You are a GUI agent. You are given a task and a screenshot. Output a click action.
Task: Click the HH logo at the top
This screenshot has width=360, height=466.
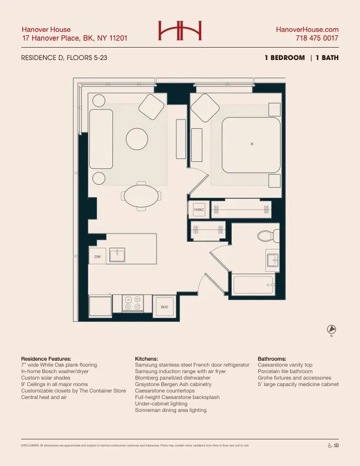pos(179,31)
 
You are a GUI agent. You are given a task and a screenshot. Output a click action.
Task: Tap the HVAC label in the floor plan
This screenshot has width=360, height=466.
pos(199,209)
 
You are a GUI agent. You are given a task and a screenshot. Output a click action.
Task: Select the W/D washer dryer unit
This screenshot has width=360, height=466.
pos(164,307)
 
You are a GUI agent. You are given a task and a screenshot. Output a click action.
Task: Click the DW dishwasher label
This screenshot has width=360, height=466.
pos(97,257)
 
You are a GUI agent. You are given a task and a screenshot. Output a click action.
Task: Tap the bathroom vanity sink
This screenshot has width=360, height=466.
pos(272,259)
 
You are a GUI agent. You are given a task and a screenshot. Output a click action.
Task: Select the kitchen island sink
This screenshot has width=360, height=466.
pos(118,254)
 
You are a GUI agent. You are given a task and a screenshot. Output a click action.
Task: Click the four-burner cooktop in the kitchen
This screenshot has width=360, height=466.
pos(132,303)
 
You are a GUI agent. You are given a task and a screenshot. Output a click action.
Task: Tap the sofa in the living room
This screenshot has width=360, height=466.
pos(101,138)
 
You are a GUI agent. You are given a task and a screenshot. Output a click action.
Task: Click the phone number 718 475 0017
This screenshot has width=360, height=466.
pos(317,38)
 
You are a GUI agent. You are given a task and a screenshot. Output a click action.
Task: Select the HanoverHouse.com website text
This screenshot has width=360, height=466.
pos(307,29)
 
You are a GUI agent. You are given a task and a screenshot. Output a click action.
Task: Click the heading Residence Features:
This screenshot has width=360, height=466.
pos(46,358)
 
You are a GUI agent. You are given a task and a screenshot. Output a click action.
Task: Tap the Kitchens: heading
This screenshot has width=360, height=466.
pos(146,358)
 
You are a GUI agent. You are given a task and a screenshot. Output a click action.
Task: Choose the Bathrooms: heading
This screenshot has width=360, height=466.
pos(272,358)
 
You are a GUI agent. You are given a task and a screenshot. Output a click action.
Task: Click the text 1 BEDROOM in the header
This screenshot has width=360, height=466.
pos(285,58)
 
